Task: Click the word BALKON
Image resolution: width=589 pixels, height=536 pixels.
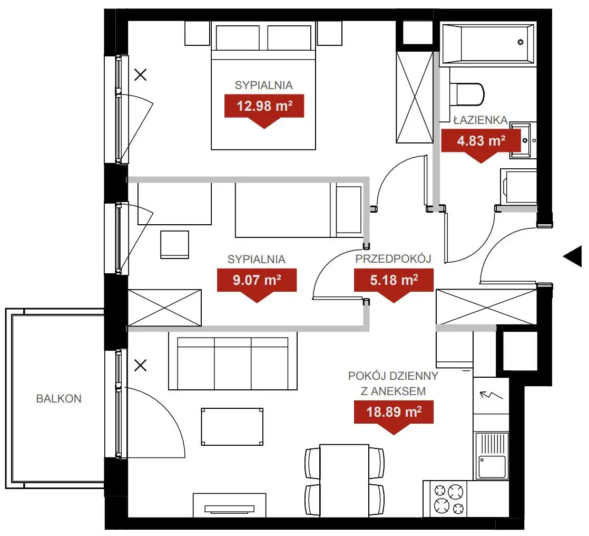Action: (x=58, y=399)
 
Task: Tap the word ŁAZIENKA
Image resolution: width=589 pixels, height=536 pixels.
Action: (x=480, y=120)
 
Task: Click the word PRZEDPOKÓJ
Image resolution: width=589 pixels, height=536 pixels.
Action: (x=394, y=259)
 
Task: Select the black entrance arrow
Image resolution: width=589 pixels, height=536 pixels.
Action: (x=573, y=256)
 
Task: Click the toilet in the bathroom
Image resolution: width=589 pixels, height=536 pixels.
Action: (x=467, y=94)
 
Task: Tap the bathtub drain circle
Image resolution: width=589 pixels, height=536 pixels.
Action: (x=521, y=42)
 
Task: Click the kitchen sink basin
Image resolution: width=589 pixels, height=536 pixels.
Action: (x=492, y=467)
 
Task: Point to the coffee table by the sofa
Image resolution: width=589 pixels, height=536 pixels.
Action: (x=232, y=427)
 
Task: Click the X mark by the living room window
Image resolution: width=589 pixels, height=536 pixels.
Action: (x=141, y=365)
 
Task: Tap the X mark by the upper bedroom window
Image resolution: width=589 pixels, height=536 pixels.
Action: (x=141, y=75)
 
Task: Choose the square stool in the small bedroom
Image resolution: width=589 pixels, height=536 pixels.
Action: (x=175, y=244)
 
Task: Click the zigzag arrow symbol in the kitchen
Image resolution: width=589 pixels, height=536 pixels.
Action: (x=491, y=395)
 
